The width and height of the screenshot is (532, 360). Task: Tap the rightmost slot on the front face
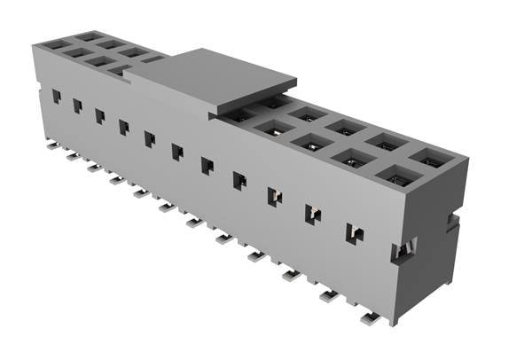point(354,233)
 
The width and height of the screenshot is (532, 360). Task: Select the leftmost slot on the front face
point(56,96)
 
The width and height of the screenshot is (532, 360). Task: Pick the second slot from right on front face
point(313,214)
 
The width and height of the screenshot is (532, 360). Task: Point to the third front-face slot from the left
point(99,116)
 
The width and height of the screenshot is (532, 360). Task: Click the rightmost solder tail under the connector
point(369,317)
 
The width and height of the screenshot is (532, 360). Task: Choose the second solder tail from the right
point(328,296)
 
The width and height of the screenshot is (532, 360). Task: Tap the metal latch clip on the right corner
point(400,252)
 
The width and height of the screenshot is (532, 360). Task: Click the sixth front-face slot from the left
point(176,152)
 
